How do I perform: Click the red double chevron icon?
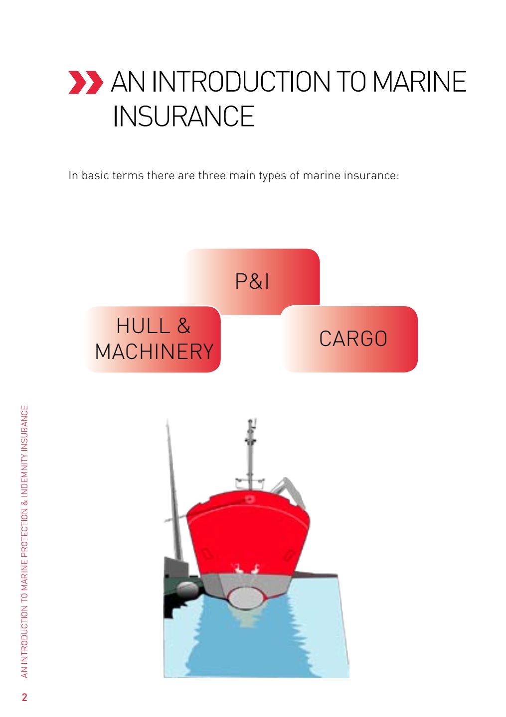pyautogui.click(x=86, y=82)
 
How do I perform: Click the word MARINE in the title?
pyautogui.click(x=419, y=82)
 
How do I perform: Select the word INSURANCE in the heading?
pyautogui.click(x=183, y=116)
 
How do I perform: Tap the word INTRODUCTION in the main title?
pyautogui.click(x=241, y=82)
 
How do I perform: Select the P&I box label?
pyautogui.click(x=252, y=282)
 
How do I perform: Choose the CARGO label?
pyautogui.click(x=353, y=339)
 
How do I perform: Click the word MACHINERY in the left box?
pyautogui.click(x=155, y=352)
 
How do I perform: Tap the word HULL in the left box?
pyautogui.click(x=143, y=326)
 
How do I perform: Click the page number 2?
pyautogui.click(x=24, y=697)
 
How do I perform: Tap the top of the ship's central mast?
pyautogui.click(x=251, y=420)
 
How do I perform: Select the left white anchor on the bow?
pyautogui.click(x=238, y=569)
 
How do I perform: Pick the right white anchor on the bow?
pyautogui.click(x=255, y=569)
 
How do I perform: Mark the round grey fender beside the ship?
pyautogui.click(x=187, y=588)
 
